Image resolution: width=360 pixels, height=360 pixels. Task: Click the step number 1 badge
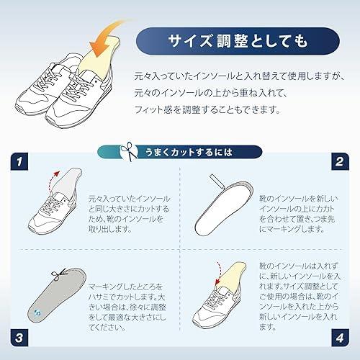click(19, 161)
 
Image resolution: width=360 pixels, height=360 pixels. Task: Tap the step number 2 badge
click(340, 161)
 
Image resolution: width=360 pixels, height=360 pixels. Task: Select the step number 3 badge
click(19, 338)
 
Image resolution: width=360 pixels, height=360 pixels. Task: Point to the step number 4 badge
click(340, 338)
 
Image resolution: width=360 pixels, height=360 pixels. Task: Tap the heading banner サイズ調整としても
click(238, 41)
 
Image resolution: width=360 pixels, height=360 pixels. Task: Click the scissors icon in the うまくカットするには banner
click(129, 152)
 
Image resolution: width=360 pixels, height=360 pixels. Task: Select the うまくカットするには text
click(189, 152)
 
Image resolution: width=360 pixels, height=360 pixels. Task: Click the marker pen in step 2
click(217, 181)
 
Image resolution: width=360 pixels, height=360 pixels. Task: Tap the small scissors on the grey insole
click(58, 274)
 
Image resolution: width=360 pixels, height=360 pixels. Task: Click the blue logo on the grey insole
click(37, 312)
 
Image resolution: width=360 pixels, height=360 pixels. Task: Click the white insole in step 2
click(224, 208)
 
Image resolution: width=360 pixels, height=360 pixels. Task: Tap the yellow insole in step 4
click(233, 276)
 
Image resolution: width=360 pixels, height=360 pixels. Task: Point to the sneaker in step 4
click(217, 305)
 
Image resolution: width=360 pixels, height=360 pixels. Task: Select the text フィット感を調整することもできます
click(207, 110)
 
